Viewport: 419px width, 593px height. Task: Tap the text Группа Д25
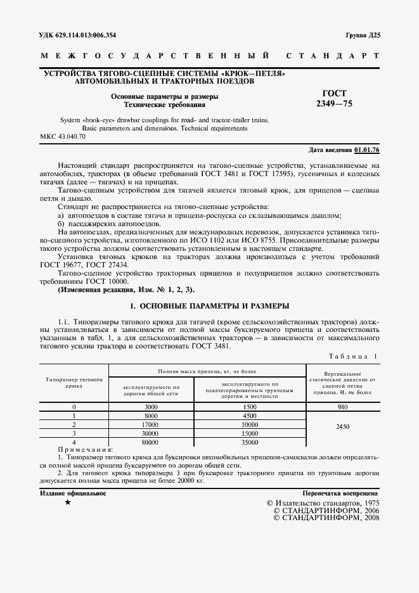pyautogui.click(x=362, y=35)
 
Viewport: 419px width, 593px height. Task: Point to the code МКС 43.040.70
pyautogui.click(x=63, y=136)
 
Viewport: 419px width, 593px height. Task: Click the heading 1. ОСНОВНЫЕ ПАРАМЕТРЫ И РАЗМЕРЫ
pyautogui.click(x=209, y=305)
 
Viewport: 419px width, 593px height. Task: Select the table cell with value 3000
pyautogui.click(x=151, y=406)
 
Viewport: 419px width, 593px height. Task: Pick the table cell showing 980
pyautogui.click(x=343, y=406)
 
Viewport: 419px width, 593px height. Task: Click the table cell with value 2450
pyautogui.click(x=343, y=426)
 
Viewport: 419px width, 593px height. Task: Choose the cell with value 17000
pyautogui.click(x=151, y=424)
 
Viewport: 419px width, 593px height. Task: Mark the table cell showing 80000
pyautogui.click(x=151, y=442)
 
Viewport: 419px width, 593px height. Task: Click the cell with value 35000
pyautogui.click(x=250, y=442)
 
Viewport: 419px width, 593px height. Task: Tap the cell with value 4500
pyautogui.click(x=250, y=415)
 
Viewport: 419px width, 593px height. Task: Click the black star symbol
pyautogui.click(x=68, y=502)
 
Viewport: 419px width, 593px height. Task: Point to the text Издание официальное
pyautogui.click(x=73, y=492)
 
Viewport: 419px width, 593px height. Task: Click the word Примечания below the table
pyautogui.click(x=84, y=449)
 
